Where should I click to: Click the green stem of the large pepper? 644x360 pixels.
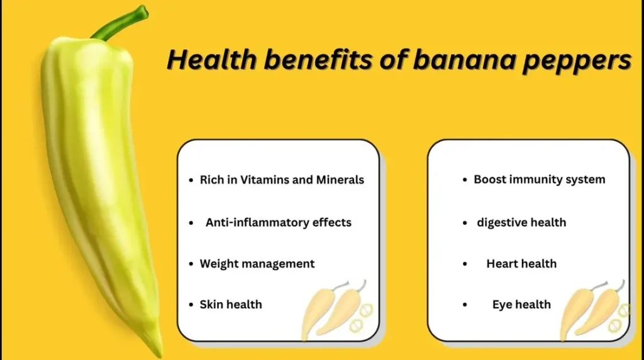[119, 23]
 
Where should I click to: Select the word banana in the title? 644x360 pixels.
[464, 60]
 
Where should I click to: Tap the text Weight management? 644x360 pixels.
[257, 264]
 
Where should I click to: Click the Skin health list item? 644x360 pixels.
[231, 305]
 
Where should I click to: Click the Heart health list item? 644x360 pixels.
[521, 264]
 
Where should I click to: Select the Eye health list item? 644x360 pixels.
[521, 305]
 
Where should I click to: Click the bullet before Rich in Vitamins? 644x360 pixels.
[191, 180]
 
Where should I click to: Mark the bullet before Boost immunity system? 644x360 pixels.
[465, 179]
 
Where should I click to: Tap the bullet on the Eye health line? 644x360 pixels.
[465, 305]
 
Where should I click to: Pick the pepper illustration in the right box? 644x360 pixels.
[593, 311]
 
